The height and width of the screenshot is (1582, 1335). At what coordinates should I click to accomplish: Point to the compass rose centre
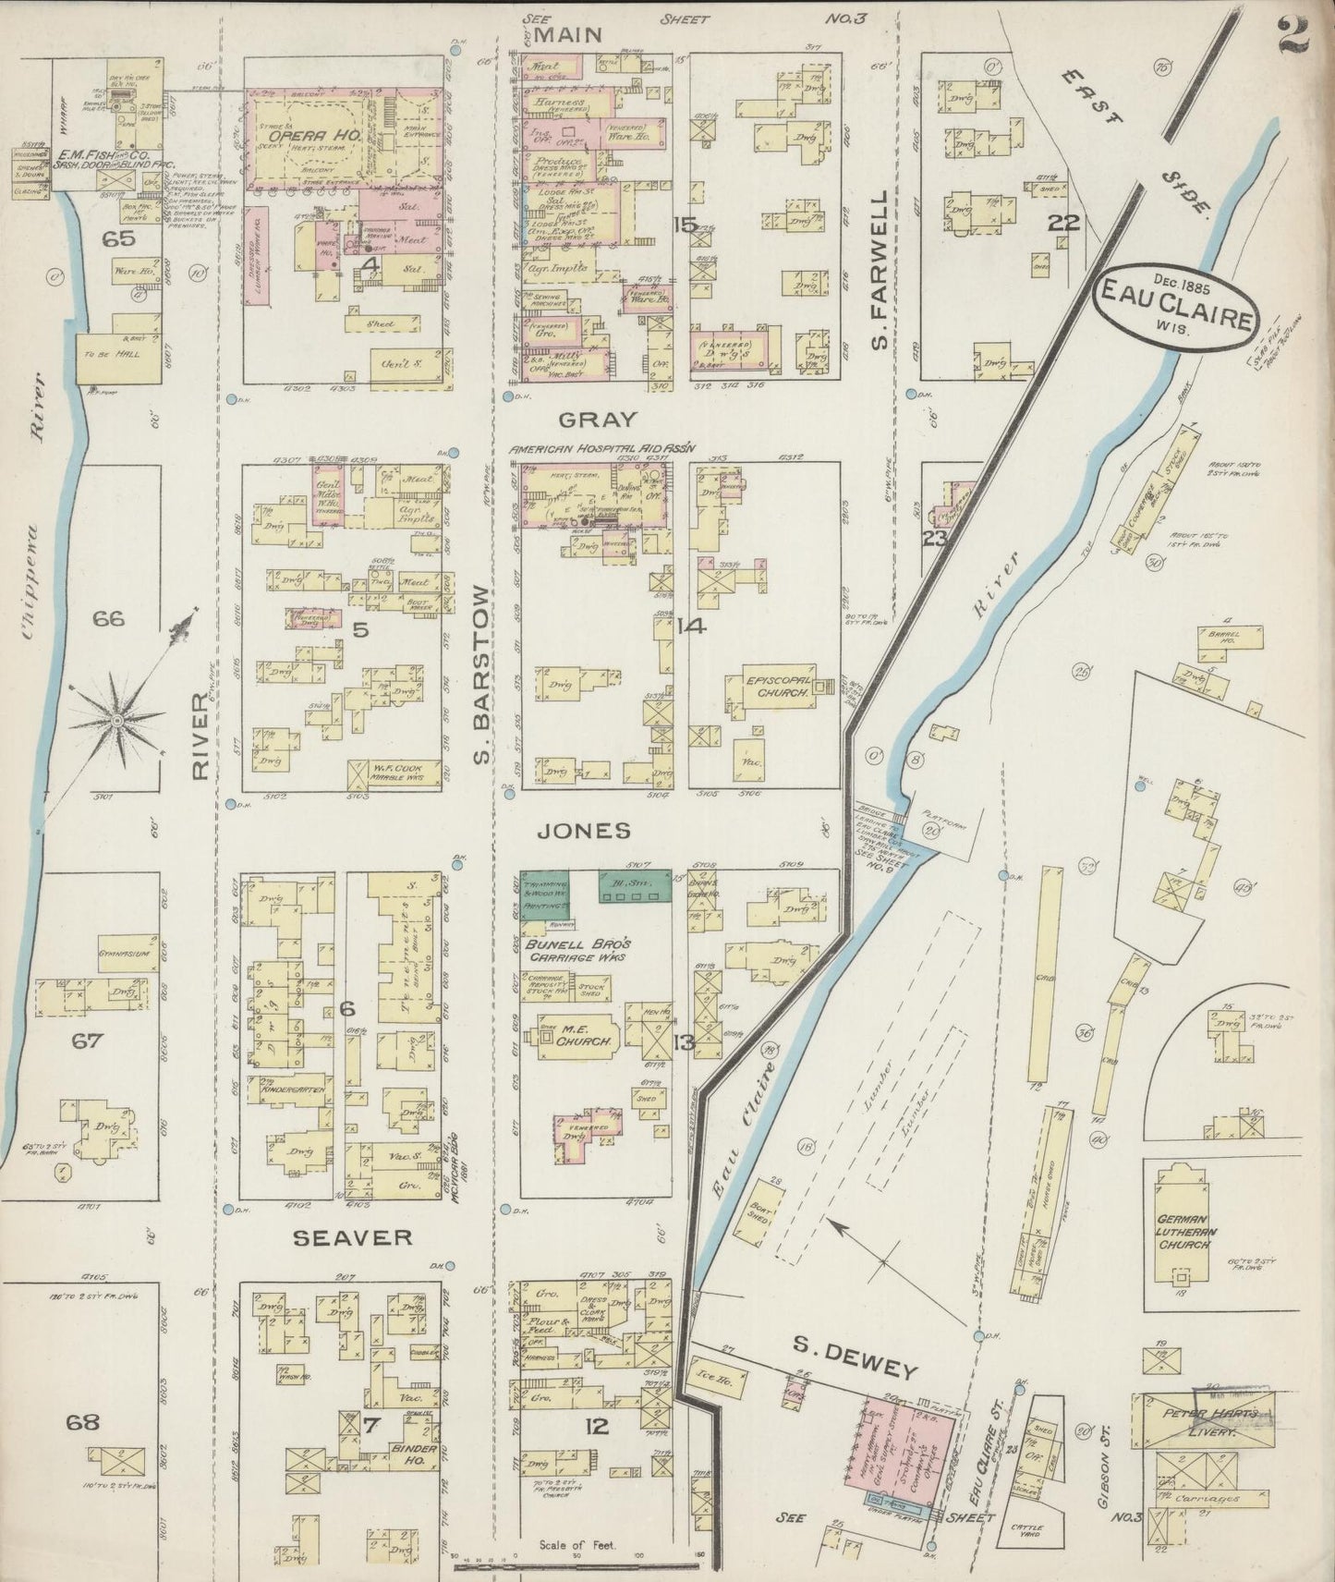(x=117, y=719)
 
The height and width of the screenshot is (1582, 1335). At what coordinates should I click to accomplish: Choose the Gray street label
(x=585, y=419)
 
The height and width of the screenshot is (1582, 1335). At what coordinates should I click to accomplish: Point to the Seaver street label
(x=352, y=1236)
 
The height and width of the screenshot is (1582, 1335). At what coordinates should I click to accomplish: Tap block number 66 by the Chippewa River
(x=108, y=618)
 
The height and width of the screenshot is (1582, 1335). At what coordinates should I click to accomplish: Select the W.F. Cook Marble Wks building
(x=397, y=771)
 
